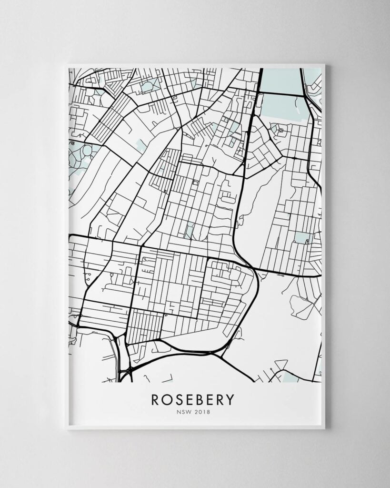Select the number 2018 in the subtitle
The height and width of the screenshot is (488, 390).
click(202, 412)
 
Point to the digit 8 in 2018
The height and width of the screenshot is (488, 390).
click(207, 412)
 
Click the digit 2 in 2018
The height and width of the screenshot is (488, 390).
click(197, 412)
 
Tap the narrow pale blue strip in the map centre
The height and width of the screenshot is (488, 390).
click(190, 231)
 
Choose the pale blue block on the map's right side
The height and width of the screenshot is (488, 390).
click(301, 237)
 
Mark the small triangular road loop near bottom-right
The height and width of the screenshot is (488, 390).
click(281, 365)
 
